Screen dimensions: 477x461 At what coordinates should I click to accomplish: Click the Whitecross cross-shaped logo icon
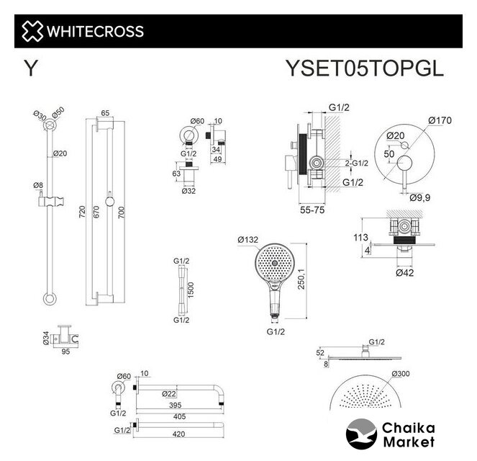(32, 31)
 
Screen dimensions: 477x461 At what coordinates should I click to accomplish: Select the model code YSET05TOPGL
(365, 68)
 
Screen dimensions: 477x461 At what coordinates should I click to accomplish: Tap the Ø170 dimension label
(440, 120)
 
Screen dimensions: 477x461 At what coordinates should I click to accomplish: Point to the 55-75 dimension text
(312, 210)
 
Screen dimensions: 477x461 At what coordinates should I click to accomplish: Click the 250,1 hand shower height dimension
(301, 279)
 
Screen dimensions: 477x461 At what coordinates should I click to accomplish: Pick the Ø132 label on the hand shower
(248, 240)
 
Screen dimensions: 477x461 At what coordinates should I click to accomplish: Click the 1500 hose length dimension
(191, 290)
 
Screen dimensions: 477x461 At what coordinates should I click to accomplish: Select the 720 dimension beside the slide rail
(82, 212)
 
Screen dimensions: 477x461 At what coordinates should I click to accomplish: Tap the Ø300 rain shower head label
(401, 374)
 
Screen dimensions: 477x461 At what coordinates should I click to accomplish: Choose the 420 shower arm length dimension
(178, 434)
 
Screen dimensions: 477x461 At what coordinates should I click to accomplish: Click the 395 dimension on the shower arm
(176, 405)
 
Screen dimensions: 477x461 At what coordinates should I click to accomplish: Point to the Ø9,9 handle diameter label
(420, 197)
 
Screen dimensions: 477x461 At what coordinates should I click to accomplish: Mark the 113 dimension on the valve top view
(360, 237)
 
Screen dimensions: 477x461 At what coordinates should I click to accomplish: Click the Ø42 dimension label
(404, 272)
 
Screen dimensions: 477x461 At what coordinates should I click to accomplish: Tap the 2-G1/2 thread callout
(357, 164)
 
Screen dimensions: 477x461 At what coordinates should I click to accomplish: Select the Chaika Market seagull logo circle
(361, 434)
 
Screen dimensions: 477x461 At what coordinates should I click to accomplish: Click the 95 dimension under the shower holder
(65, 352)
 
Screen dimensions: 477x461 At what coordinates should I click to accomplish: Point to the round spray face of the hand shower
(274, 261)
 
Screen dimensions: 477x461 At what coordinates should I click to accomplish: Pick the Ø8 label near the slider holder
(38, 185)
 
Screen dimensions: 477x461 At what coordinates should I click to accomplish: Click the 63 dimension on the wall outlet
(176, 174)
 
